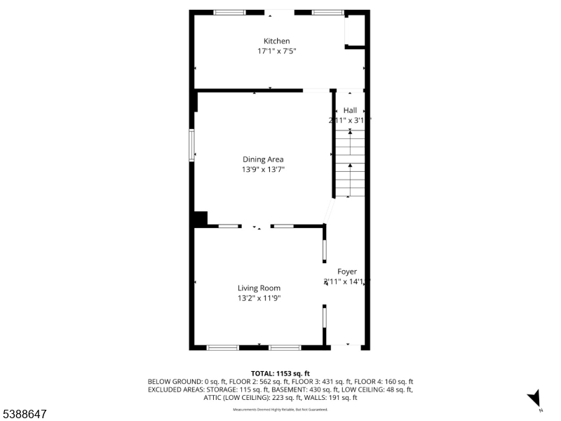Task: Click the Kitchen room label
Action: coord(276,41)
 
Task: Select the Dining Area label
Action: coord(263,159)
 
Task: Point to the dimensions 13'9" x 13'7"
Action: coord(263,169)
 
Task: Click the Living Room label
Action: coord(259,288)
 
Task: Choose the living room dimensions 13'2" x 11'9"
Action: coord(259,298)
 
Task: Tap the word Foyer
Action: coord(347,272)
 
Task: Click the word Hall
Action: coord(350,110)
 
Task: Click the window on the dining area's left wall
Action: coord(191,145)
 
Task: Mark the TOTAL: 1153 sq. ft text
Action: coord(280,373)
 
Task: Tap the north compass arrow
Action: coord(534,398)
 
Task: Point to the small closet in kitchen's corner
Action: coord(355,32)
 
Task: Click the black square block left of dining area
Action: coord(200,219)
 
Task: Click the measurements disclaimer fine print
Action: coord(280,409)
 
